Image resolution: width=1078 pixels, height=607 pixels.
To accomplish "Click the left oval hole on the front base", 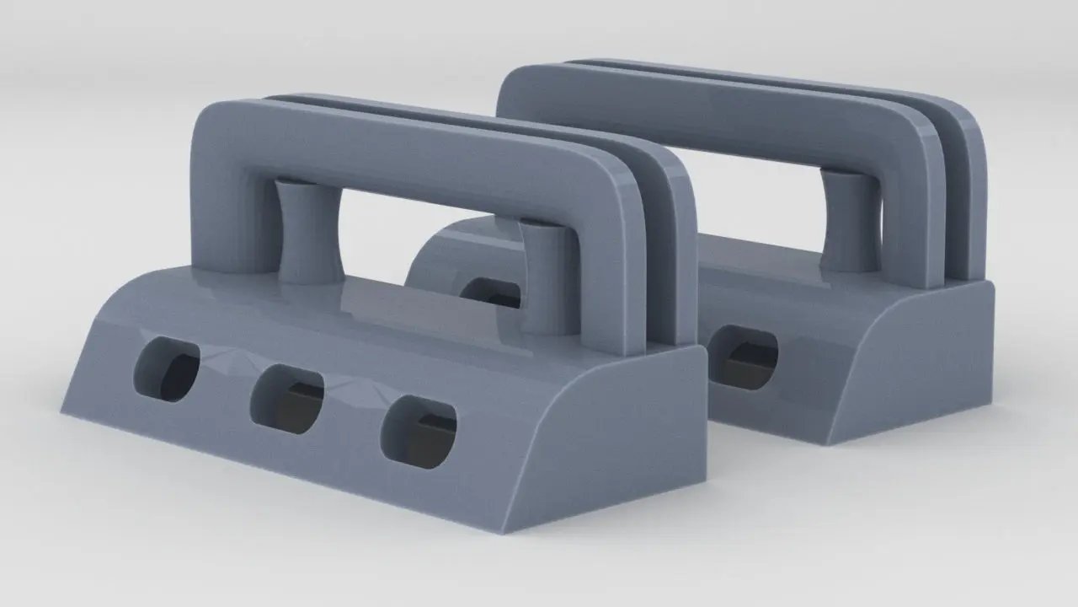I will tap(168, 369).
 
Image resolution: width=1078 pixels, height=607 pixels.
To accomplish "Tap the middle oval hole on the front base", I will tap(288, 400).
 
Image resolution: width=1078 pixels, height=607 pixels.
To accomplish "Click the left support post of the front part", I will tap(308, 231).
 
